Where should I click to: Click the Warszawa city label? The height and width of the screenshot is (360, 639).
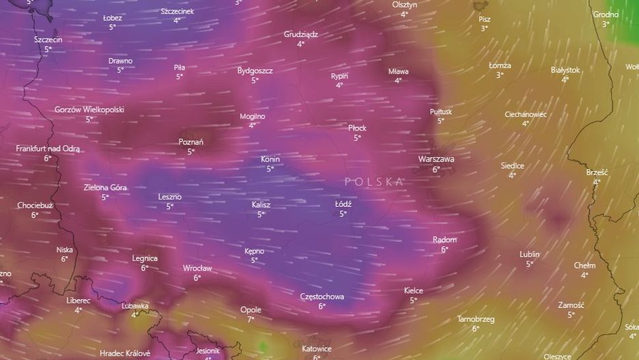[x=436, y=159]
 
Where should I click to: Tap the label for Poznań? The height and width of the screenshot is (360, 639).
[x=190, y=142]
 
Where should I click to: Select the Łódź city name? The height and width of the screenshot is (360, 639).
[x=343, y=204]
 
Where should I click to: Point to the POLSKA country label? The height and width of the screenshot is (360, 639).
[x=374, y=182]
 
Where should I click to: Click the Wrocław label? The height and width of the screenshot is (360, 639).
[x=197, y=268]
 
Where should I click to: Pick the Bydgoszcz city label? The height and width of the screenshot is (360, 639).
[x=255, y=70]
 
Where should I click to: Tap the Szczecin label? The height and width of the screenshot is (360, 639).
[x=48, y=40]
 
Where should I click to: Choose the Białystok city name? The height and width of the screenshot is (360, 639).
[x=565, y=70]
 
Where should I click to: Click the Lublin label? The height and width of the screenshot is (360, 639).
[x=529, y=254]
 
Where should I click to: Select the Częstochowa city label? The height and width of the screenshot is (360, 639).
[x=322, y=296]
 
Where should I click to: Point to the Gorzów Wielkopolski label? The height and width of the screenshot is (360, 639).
[x=89, y=109]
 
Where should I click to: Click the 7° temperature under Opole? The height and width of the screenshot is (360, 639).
[x=251, y=319]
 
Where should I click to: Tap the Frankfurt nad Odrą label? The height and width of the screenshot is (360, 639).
[x=48, y=148]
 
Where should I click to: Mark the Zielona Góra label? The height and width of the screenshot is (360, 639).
[x=105, y=187]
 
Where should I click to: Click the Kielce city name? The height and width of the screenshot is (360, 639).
[x=413, y=290]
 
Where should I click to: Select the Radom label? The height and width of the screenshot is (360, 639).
[x=444, y=240]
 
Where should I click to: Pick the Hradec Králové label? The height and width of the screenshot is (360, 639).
[x=124, y=353]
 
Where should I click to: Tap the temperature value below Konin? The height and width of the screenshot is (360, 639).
[x=270, y=169]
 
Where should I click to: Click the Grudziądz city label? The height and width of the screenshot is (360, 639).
[x=300, y=34]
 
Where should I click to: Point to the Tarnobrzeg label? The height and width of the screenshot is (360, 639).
[x=475, y=319]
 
